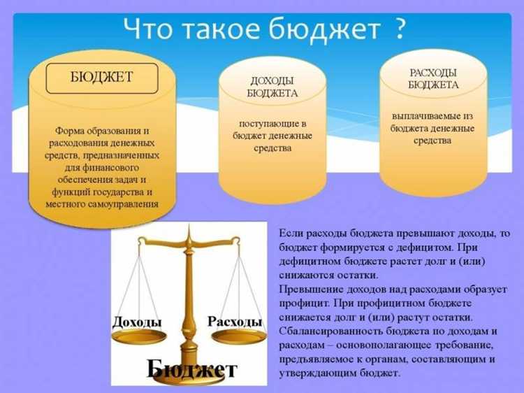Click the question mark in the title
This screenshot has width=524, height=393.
tap(400, 29)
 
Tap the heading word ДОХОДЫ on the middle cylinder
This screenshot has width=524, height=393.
tap(272, 81)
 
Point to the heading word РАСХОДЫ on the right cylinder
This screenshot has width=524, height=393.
tap(433, 73)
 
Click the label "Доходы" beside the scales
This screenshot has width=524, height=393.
tap(137, 322)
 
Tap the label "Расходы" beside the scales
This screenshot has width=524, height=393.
tap(235, 322)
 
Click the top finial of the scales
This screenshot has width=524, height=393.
tap(187, 230)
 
